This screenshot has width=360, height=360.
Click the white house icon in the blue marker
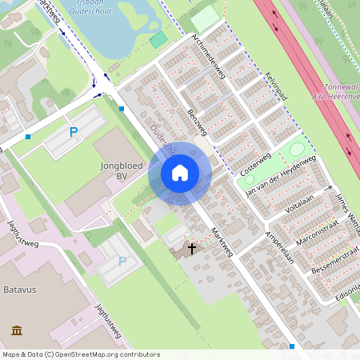pos(180,172)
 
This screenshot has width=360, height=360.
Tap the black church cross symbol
pos(191,249)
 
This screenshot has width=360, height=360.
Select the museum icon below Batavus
pos(17,330)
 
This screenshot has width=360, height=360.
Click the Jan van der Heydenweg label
pos(280,178)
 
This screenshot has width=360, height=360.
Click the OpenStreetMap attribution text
pos(81,354)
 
